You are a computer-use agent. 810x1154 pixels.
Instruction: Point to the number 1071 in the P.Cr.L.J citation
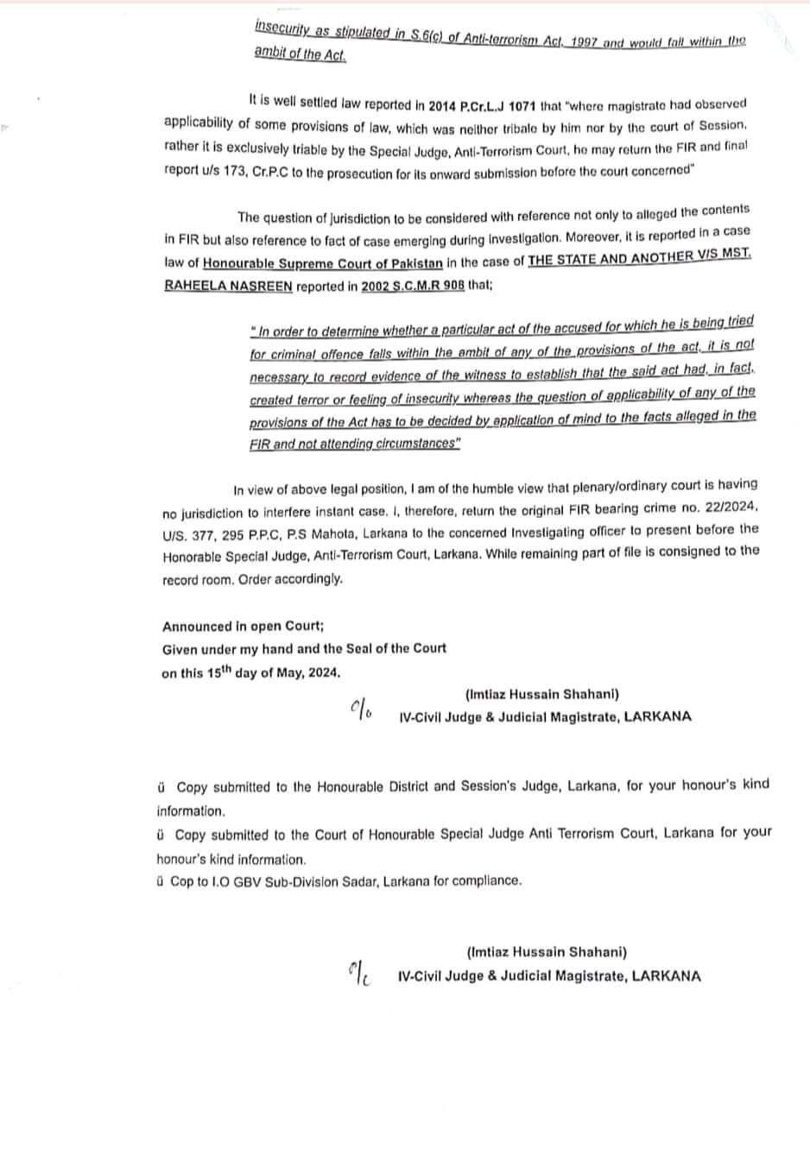518,106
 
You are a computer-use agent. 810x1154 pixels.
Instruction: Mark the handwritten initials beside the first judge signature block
361,709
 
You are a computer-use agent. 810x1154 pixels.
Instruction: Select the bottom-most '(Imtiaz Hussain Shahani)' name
547,953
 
